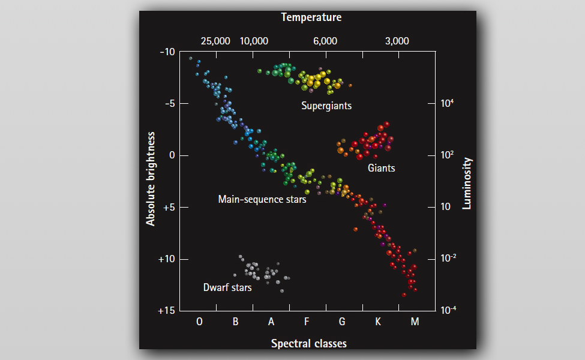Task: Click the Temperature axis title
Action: point(311,17)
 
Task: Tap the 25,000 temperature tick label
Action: point(215,41)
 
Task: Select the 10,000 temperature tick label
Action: point(254,41)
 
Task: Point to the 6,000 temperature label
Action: point(325,41)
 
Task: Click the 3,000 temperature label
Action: point(397,41)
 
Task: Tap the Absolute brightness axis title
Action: point(151,179)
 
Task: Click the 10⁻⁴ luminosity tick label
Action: point(449,310)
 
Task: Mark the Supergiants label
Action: point(326,106)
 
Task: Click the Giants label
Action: point(382,168)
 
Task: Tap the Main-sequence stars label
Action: point(262,199)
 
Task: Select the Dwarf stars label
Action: point(227,287)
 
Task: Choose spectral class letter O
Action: point(200,322)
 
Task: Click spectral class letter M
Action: point(415,322)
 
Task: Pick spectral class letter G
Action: point(342,322)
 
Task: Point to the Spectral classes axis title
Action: point(308,344)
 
